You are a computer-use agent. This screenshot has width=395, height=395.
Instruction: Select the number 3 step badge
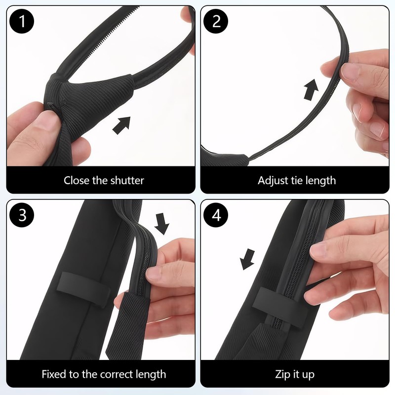pyautogui.click(x=21, y=216)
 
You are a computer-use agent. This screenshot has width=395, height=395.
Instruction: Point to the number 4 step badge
pyautogui.click(x=216, y=216)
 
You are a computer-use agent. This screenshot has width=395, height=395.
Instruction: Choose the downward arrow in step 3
pyautogui.click(x=161, y=223)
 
